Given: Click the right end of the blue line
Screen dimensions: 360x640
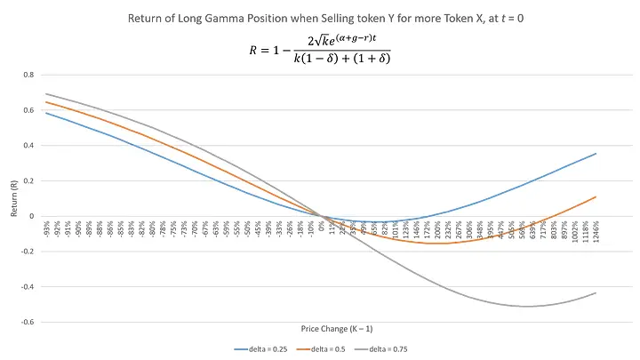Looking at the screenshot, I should tap(596, 154).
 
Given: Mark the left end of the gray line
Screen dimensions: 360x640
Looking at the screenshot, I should tap(45, 94).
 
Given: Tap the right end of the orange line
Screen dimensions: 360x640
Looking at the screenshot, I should tap(596, 196).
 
